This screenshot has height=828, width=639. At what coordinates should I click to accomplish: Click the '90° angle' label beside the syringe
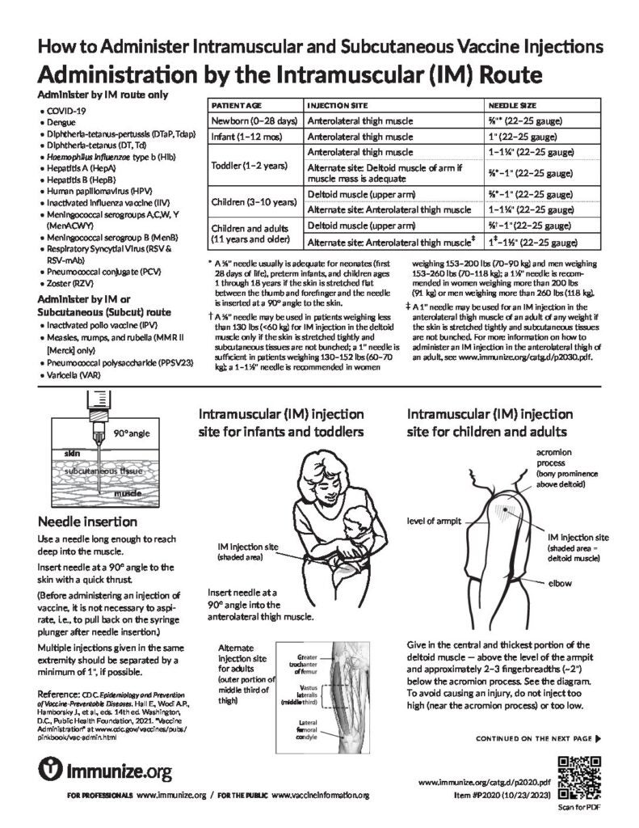coord(132,433)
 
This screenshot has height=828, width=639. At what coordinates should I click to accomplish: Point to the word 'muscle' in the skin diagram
coord(127,492)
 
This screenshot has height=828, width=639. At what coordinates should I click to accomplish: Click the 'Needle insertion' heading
coord(82,521)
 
